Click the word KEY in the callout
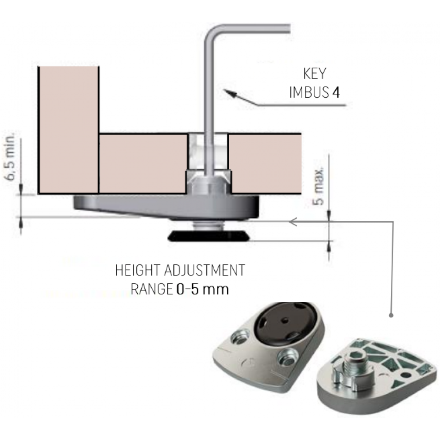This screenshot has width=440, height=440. [x=315, y=73]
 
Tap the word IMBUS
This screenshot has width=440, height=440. [x=309, y=92]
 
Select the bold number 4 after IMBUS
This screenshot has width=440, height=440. [x=336, y=92]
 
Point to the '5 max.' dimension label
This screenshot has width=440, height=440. [x=319, y=186]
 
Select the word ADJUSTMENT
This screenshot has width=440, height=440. [x=205, y=270]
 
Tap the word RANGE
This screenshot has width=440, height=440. [x=151, y=289]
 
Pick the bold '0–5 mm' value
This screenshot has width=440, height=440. [x=202, y=289]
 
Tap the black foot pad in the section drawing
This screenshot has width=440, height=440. [x=209, y=236]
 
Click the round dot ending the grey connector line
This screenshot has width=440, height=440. [x=391, y=315]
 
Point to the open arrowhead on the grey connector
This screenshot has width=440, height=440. [x=293, y=222]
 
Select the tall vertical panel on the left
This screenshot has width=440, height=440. [x=69, y=130]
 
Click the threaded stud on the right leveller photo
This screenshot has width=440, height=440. [x=354, y=364]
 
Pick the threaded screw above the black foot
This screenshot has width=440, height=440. [x=209, y=225]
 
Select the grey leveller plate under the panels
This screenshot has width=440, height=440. [x=166, y=206]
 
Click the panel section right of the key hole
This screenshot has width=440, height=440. [x=265, y=164]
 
